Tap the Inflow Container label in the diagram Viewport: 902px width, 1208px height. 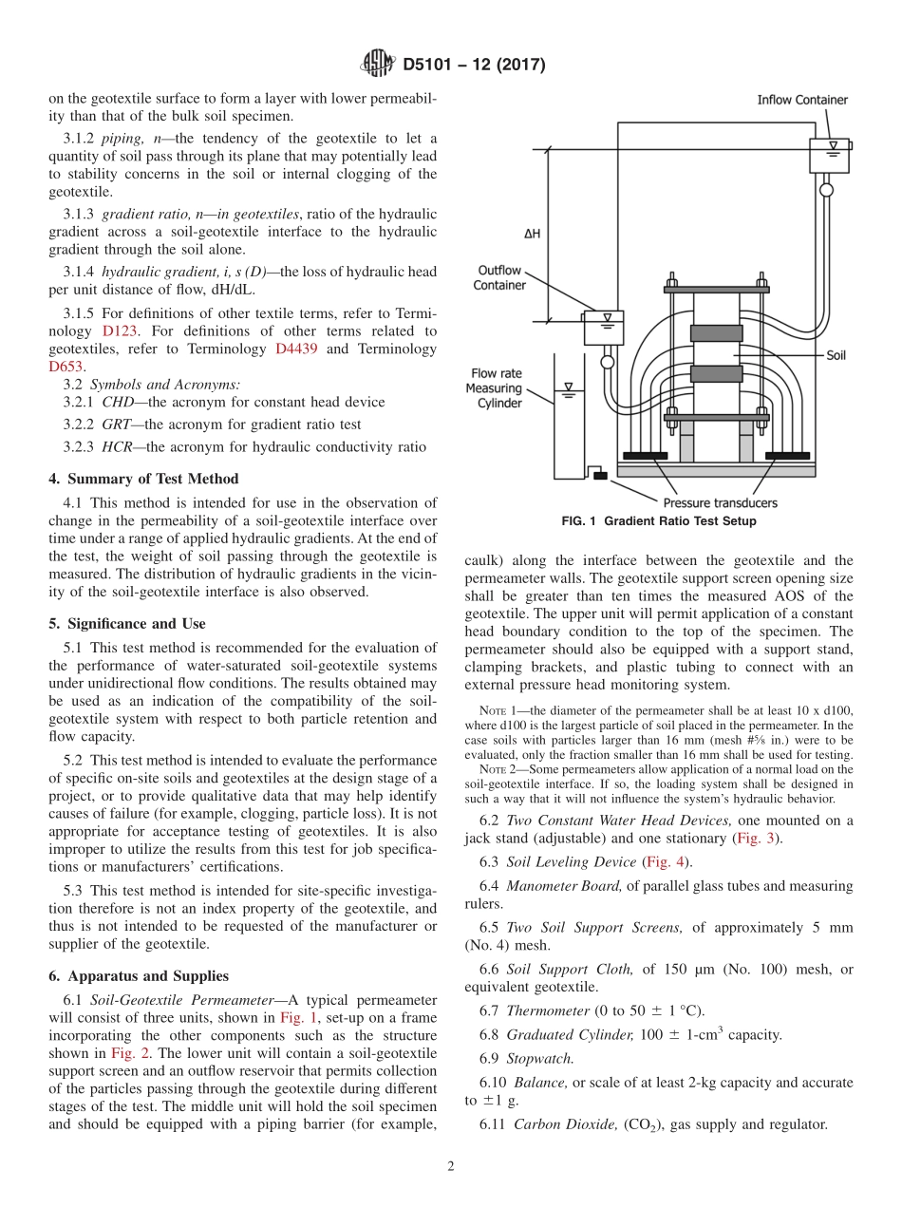[x=801, y=100]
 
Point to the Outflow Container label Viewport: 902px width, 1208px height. [x=499, y=277]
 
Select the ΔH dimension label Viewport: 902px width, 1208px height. [x=532, y=234]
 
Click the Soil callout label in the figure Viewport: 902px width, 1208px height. [x=836, y=355]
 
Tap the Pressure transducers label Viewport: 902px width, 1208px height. [x=720, y=502]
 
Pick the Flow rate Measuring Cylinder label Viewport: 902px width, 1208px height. [x=494, y=388]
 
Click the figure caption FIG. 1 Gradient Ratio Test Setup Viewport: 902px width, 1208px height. [x=659, y=521]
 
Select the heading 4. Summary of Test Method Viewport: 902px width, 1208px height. [x=143, y=479]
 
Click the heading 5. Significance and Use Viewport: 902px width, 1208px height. [x=127, y=624]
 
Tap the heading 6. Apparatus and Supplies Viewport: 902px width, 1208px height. [x=139, y=975]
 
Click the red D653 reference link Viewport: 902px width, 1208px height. [x=66, y=366]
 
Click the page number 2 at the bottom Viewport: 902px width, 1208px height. [x=451, y=1166]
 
